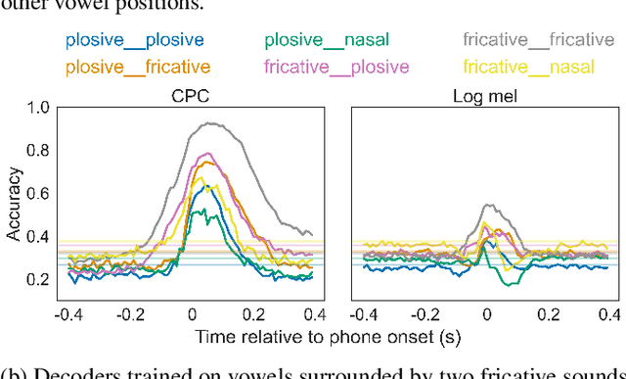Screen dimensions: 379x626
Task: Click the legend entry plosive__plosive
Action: pyautogui.click(x=134, y=41)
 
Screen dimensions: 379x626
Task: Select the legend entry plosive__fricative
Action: pyautogui.click(x=137, y=67)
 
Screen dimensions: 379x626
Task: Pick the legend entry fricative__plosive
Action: pyautogui.click(x=336, y=67)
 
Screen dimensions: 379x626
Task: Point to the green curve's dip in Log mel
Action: pyautogui.click(x=506, y=283)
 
